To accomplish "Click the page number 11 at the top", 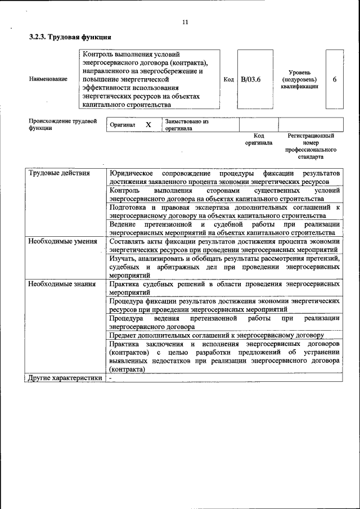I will [185, 22].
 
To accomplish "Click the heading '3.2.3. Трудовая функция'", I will [70, 37].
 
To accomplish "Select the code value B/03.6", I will [251, 79].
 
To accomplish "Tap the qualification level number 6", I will [334, 79].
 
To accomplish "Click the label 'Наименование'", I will [48, 79].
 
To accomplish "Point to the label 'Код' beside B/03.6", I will [228, 80].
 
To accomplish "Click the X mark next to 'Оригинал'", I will [148, 124].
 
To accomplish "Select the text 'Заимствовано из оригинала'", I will [186, 124].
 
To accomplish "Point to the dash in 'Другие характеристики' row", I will [111, 378].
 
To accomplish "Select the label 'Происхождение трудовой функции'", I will [62, 124].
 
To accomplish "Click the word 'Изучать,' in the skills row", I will [124, 258].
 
